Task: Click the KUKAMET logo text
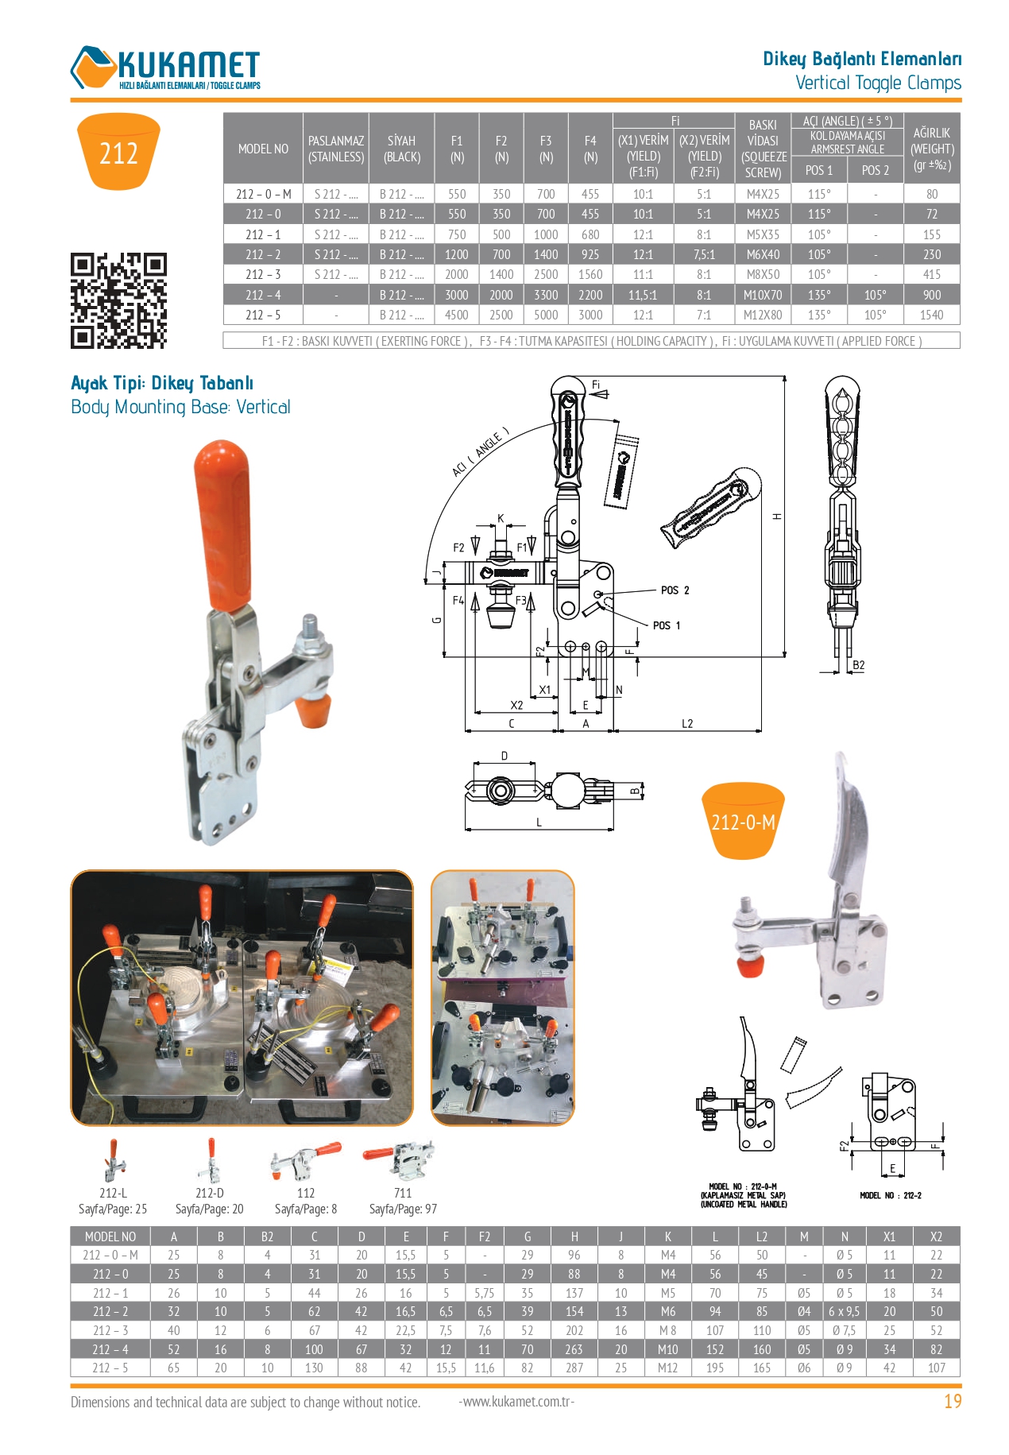[188, 64]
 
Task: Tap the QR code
[118, 300]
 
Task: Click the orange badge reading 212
[118, 152]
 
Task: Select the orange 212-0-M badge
[743, 822]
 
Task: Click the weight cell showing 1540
[931, 315]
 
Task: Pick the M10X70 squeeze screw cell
[762, 295]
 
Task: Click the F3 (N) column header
[546, 149]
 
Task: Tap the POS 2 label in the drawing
[675, 590]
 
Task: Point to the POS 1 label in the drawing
[666, 625]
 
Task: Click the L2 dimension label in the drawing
[687, 724]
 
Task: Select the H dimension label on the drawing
[777, 517]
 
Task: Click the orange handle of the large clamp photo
[223, 524]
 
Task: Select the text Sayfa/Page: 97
[403, 1209]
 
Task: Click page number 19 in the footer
[952, 1402]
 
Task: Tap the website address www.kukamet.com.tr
[516, 1401]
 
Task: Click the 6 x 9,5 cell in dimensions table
[844, 1311]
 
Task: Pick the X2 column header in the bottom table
[935, 1236]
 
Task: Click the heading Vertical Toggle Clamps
[878, 83]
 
